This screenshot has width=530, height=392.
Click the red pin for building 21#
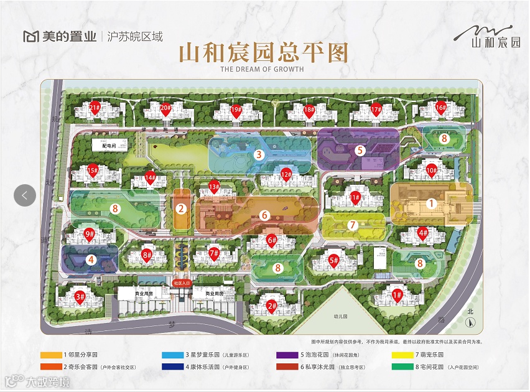click(95, 107)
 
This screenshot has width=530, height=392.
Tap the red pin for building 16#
click(441, 107)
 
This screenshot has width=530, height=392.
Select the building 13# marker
click(214, 185)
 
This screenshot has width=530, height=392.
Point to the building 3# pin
click(80, 296)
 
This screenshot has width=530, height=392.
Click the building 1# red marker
click(397, 295)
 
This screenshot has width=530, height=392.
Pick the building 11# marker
click(355, 198)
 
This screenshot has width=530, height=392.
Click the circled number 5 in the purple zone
click(360, 150)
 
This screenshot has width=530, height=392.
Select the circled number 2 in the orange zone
click(181, 209)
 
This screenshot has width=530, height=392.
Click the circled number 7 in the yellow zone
click(352, 225)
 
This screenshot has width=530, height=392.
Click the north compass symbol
click(472, 322)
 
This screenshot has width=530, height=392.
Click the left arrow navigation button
click(25, 195)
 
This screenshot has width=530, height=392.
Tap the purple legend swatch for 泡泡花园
click(289, 355)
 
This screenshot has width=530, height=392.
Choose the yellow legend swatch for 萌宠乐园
click(404, 355)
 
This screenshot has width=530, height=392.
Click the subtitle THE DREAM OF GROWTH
click(262, 69)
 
